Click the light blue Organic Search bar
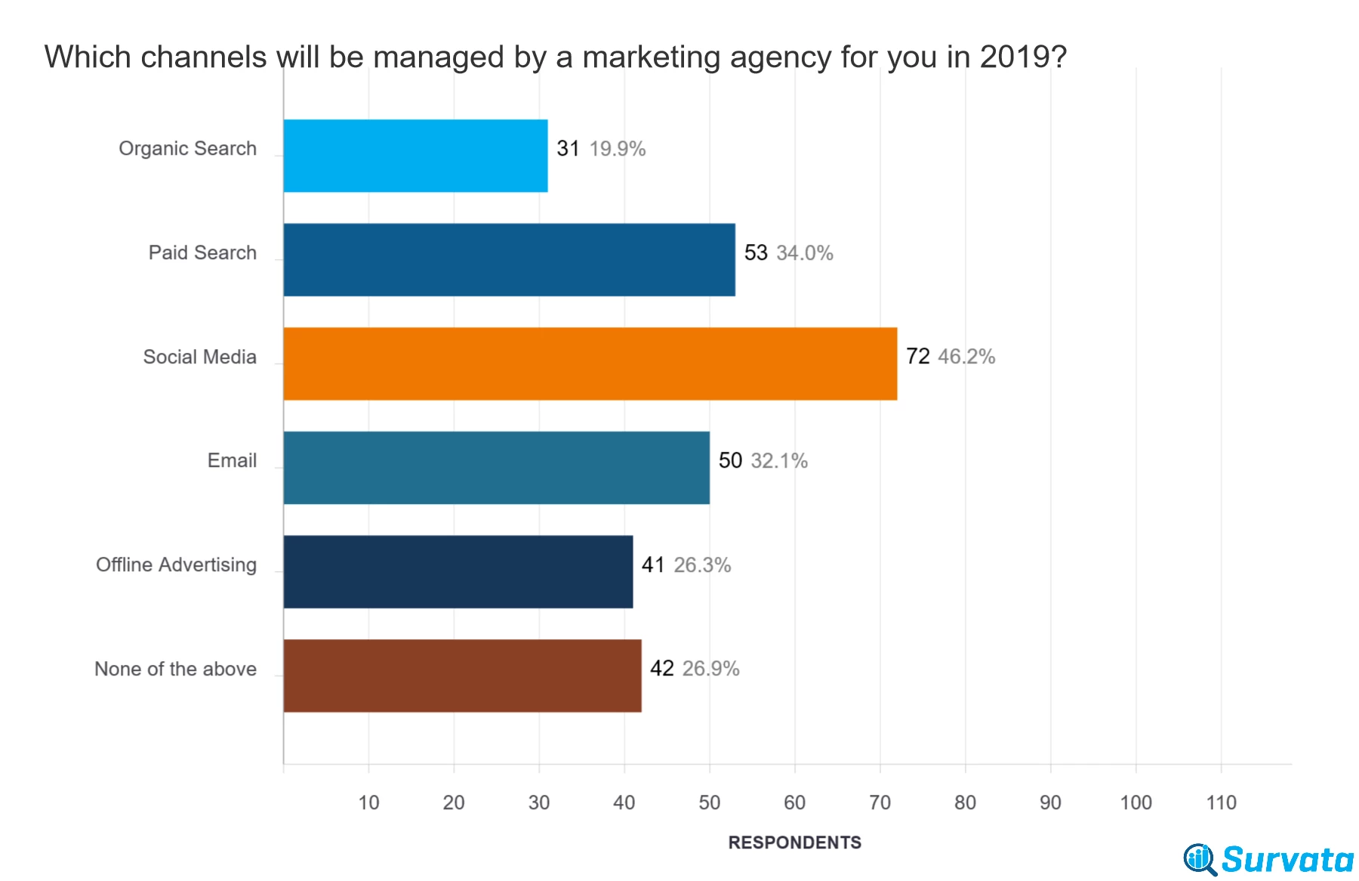pos(416,156)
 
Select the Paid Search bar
pos(510,260)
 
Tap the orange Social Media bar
pos(590,363)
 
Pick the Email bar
pos(497,468)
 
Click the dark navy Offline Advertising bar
pos(458,572)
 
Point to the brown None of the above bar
pos(463,675)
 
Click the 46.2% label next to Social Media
pos(966,357)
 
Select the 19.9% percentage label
pos(618,149)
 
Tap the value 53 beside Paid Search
pos(756,252)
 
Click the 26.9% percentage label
pos(710,669)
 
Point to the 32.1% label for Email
pos(779,461)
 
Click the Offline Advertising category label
pos(177,565)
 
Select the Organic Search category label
pos(188,149)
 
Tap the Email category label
pos(233,461)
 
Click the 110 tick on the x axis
pos(1221,802)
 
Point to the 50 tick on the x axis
pos(710,802)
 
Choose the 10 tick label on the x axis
pos(368,802)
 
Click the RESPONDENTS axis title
pos(794,842)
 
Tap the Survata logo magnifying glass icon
pos(1200,860)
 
